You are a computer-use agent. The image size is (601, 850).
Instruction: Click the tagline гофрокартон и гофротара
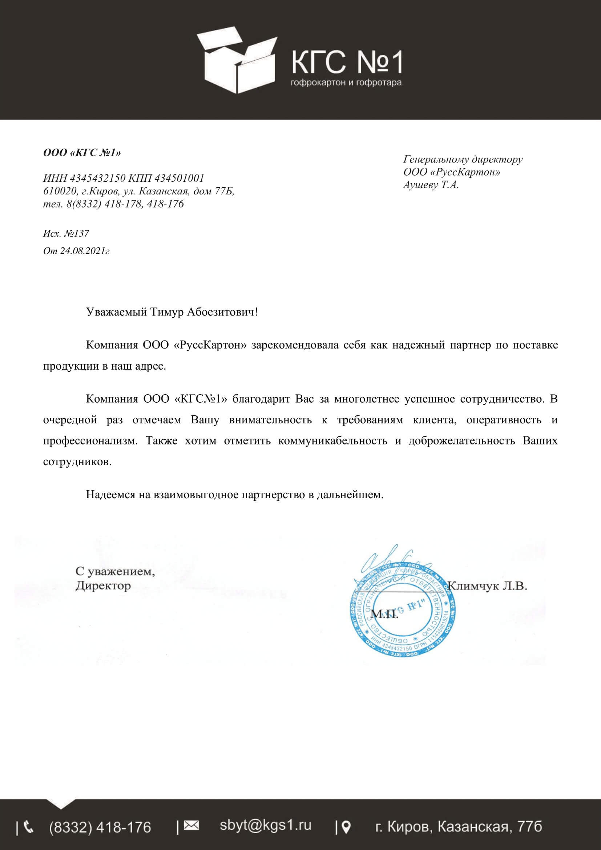(x=346, y=82)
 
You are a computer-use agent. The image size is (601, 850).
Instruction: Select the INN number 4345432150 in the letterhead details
(x=98, y=178)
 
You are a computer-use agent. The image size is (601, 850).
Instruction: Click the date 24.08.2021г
(x=85, y=251)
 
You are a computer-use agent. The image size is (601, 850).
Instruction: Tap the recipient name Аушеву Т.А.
(x=431, y=185)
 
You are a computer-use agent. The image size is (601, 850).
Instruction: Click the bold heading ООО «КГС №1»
(x=82, y=153)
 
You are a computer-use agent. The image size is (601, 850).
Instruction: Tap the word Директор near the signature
(x=103, y=586)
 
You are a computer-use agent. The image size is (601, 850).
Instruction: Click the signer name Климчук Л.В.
(x=487, y=586)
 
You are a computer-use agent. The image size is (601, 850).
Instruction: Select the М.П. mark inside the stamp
(x=384, y=615)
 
